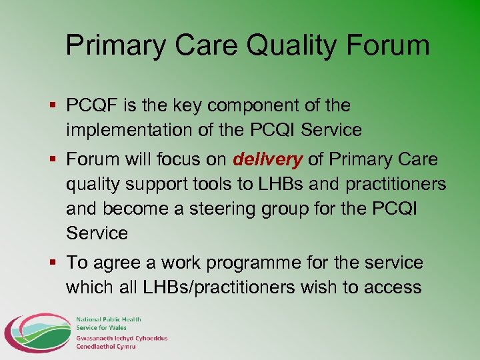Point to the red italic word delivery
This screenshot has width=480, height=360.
pos(267,160)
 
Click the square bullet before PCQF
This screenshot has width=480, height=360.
pos(53,105)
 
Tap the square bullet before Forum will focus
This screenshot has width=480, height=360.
pos(53,160)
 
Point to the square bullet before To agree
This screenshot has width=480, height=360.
pos(53,263)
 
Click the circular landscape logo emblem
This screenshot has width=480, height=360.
pos(36,332)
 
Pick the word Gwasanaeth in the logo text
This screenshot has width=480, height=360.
pos(96,339)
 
